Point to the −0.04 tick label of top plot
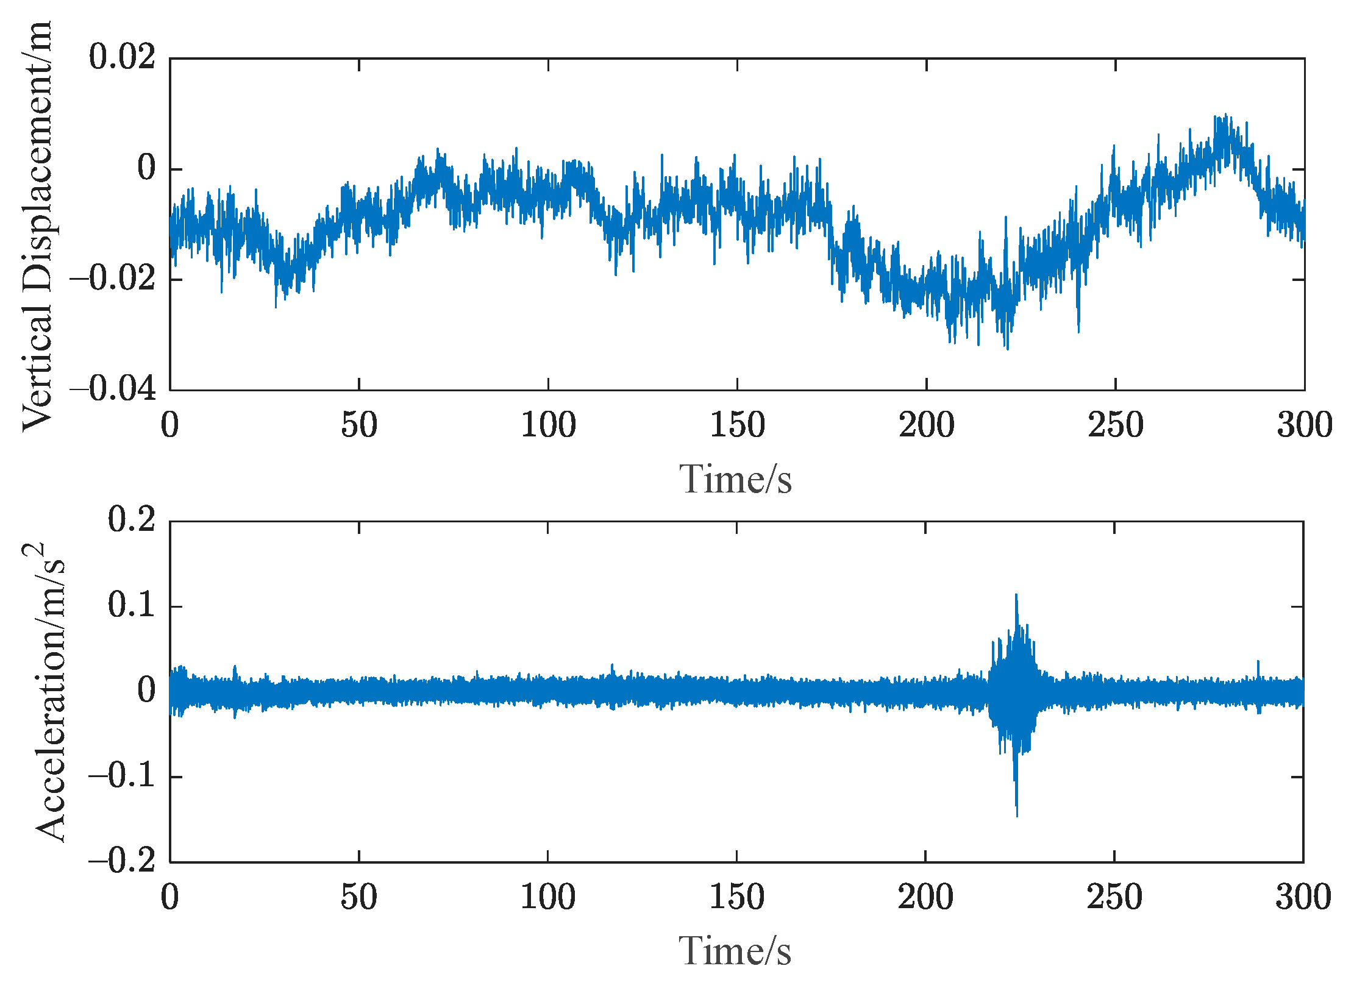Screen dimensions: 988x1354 113,389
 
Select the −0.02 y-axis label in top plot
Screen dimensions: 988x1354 113,279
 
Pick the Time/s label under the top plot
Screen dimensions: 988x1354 736,479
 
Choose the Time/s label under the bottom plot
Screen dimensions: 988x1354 735,951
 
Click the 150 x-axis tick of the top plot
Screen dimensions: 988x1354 737,425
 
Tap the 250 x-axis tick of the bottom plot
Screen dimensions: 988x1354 1114,897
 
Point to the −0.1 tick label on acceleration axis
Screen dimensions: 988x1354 122,776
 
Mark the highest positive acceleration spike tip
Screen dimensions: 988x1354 1016,594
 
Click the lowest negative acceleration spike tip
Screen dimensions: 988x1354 1017,816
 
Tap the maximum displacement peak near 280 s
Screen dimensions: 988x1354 1226,115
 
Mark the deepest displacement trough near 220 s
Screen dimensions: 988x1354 1007,349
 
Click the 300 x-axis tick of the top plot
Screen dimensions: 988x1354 1305,425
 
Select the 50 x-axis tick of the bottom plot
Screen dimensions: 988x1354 358,897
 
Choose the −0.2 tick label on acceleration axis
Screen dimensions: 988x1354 122,862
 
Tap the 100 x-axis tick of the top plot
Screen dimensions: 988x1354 548,425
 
